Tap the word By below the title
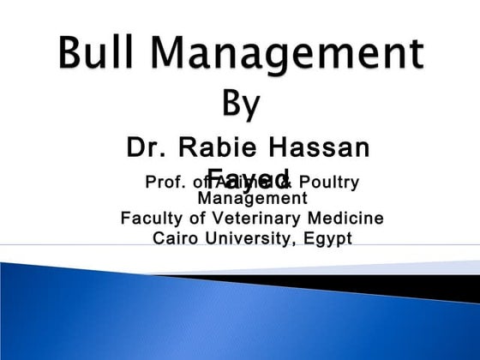click(x=243, y=104)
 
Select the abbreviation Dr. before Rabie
click(x=146, y=147)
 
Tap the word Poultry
click(x=328, y=182)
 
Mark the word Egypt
click(x=327, y=237)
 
